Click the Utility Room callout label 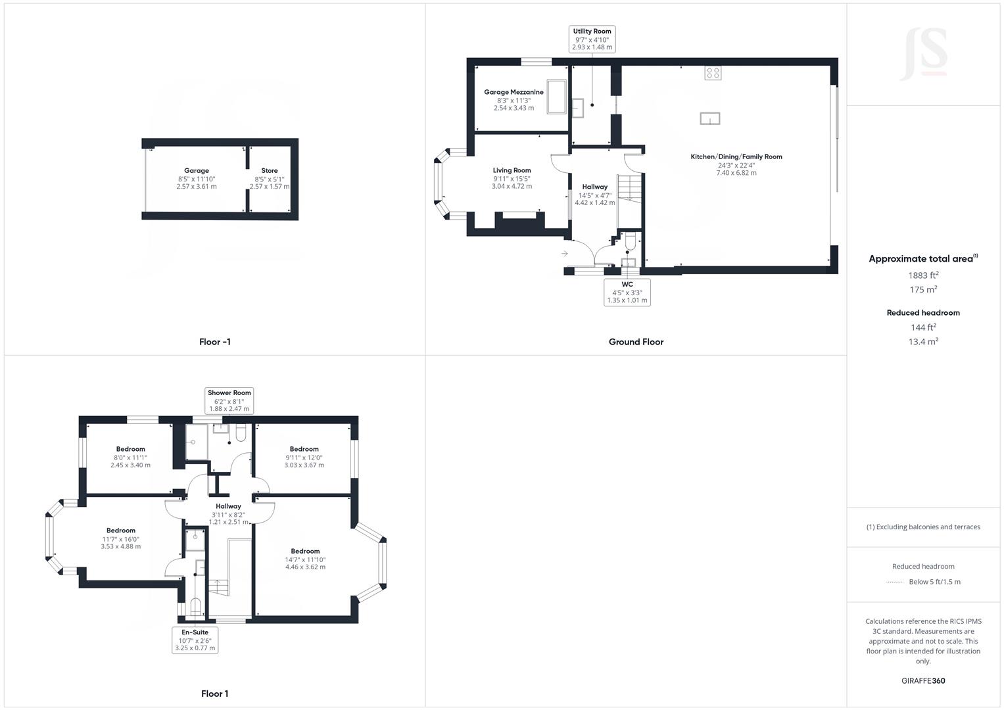click(x=592, y=39)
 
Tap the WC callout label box click(x=627, y=293)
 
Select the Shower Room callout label click(x=229, y=400)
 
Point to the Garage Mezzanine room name click(x=514, y=92)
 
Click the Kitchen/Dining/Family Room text click(x=736, y=156)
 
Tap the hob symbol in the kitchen click(x=713, y=72)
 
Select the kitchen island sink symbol click(x=709, y=118)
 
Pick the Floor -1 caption click(x=215, y=342)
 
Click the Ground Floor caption click(x=636, y=342)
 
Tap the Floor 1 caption click(x=215, y=694)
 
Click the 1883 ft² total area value click(x=923, y=275)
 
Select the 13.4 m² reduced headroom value click(x=923, y=341)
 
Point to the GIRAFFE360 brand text click(x=923, y=680)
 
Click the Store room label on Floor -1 click(x=270, y=170)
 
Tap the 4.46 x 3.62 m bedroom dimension click(x=305, y=567)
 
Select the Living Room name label click(x=512, y=170)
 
